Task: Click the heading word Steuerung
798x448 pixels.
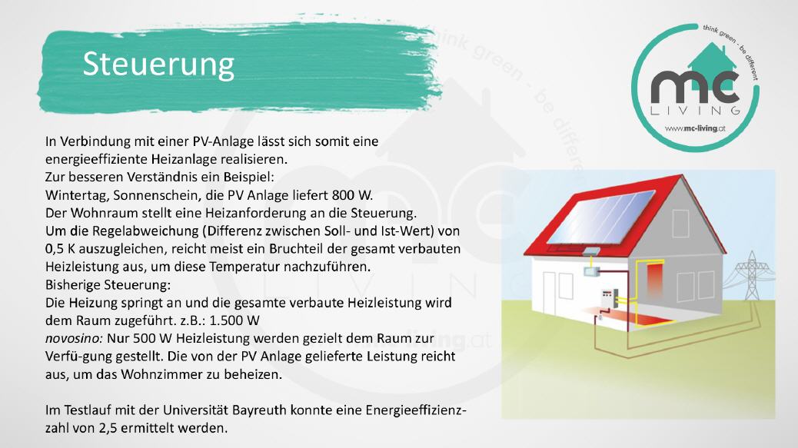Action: point(158,65)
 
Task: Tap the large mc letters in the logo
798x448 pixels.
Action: point(695,88)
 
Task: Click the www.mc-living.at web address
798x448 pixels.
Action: point(695,128)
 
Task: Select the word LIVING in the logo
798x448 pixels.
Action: point(695,111)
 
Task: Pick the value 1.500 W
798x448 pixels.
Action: point(234,320)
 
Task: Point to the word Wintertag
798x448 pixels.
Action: point(76,196)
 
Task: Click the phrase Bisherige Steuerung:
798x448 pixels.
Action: point(108,285)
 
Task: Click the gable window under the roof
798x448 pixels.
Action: point(680,224)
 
